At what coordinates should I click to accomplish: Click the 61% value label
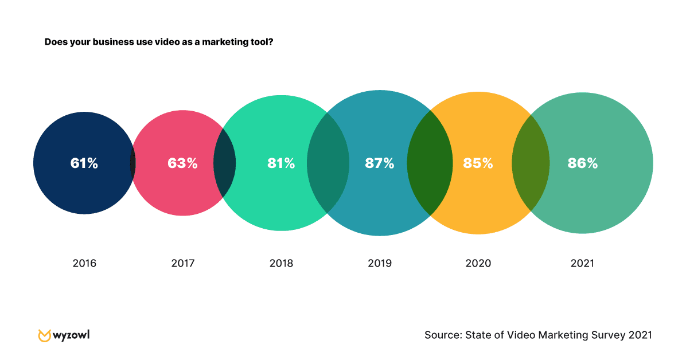click(x=84, y=163)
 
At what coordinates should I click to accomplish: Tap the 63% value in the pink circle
click(x=182, y=163)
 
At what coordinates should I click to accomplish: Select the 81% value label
click(x=281, y=163)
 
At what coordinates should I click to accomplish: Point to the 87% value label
click(x=380, y=163)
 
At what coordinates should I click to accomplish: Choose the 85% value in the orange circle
click(x=478, y=163)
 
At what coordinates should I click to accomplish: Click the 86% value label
click(x=583, y=163)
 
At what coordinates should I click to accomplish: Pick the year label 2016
click(x=84, y=264)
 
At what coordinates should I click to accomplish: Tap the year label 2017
click(x=183, y=264)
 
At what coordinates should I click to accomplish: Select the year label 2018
click(x=281, y=264)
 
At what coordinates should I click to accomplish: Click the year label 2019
click(x=380, y=264)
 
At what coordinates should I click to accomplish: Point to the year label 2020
click(x=478, y=264)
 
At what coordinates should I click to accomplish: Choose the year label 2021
click(x=583, y=264)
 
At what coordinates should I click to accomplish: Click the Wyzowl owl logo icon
click(x=44, y=335)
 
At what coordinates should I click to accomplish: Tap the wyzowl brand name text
click(x=72, y=335)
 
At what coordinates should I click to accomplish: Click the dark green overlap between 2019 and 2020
click(x=430, y=163)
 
